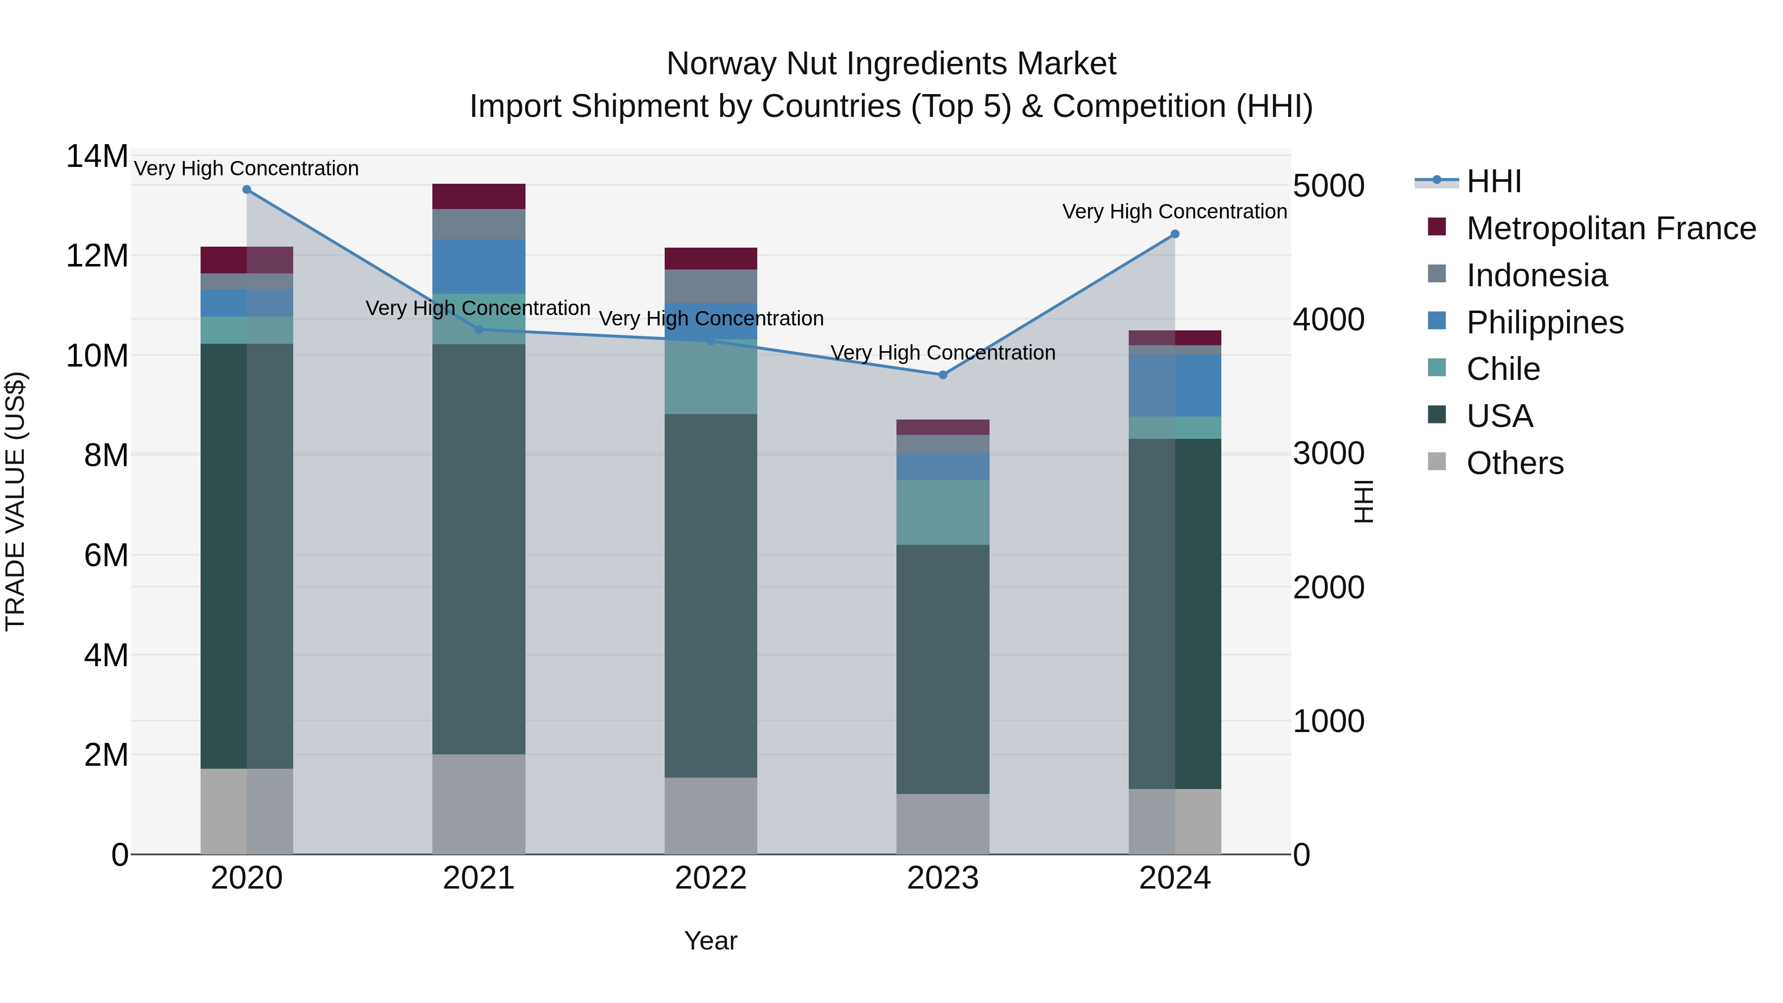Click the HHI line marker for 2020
click(247, 190)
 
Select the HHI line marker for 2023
click(943, 375)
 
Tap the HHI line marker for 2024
click(1175, 234)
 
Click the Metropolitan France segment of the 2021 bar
click(478, 197)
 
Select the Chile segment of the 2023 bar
click(943, 512)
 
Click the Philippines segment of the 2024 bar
click(1175, 385)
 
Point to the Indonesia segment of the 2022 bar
click(711, 286)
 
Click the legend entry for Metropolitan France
click(1610, 228)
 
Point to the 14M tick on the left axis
click(97, 157)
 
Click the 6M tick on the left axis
click(106, 555)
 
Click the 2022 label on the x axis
click(711, 878)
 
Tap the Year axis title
click(711, 941)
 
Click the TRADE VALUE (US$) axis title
click(15, 502)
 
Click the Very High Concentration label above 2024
click(1175, 212)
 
